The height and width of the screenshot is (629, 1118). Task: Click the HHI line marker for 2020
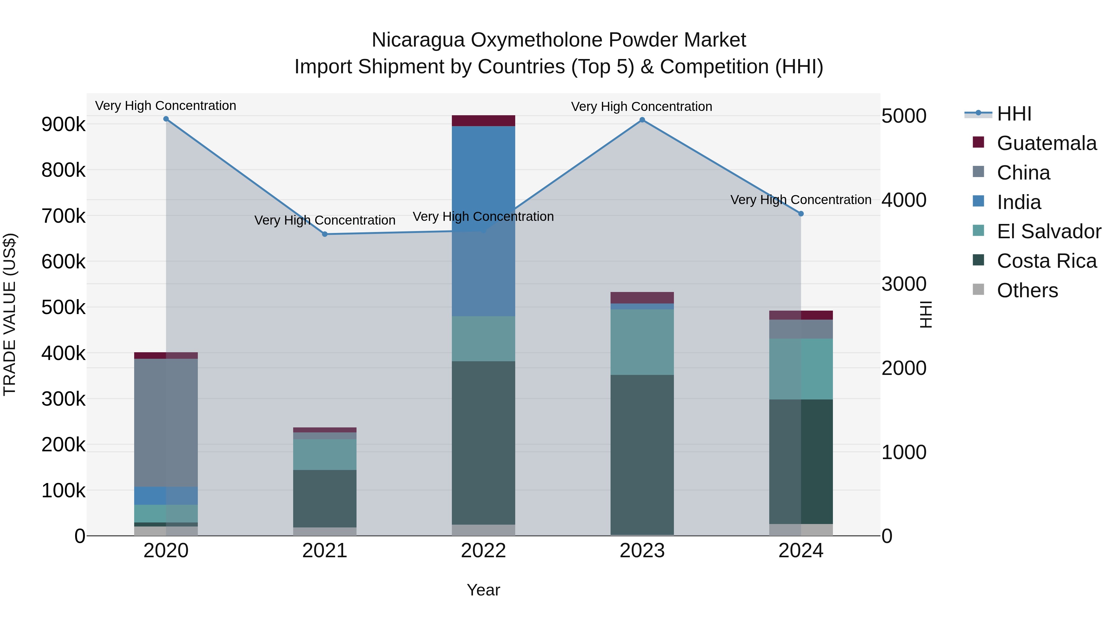tap(166, 119)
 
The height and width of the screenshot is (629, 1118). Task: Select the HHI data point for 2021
tap(325, 235)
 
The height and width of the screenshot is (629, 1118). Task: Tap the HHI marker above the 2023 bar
tap(642, 120)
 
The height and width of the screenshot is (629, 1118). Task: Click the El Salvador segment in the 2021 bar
tap(325, 454)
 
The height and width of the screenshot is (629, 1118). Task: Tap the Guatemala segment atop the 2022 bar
tap(484, 121)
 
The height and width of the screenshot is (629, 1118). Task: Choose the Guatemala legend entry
tap(1046, 143)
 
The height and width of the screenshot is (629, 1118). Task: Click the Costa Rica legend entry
tap(1046, 261)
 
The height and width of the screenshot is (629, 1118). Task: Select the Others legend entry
tap(1027, 290)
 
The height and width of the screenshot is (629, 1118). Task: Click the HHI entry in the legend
tap(1014, 114)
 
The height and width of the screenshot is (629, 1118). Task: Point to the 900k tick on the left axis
tap(63, 125)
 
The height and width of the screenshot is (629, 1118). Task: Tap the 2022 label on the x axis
tap(484, 551)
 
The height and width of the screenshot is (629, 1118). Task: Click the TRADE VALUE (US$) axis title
tap(10, 314)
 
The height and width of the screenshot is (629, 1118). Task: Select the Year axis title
tap(484, 590)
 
